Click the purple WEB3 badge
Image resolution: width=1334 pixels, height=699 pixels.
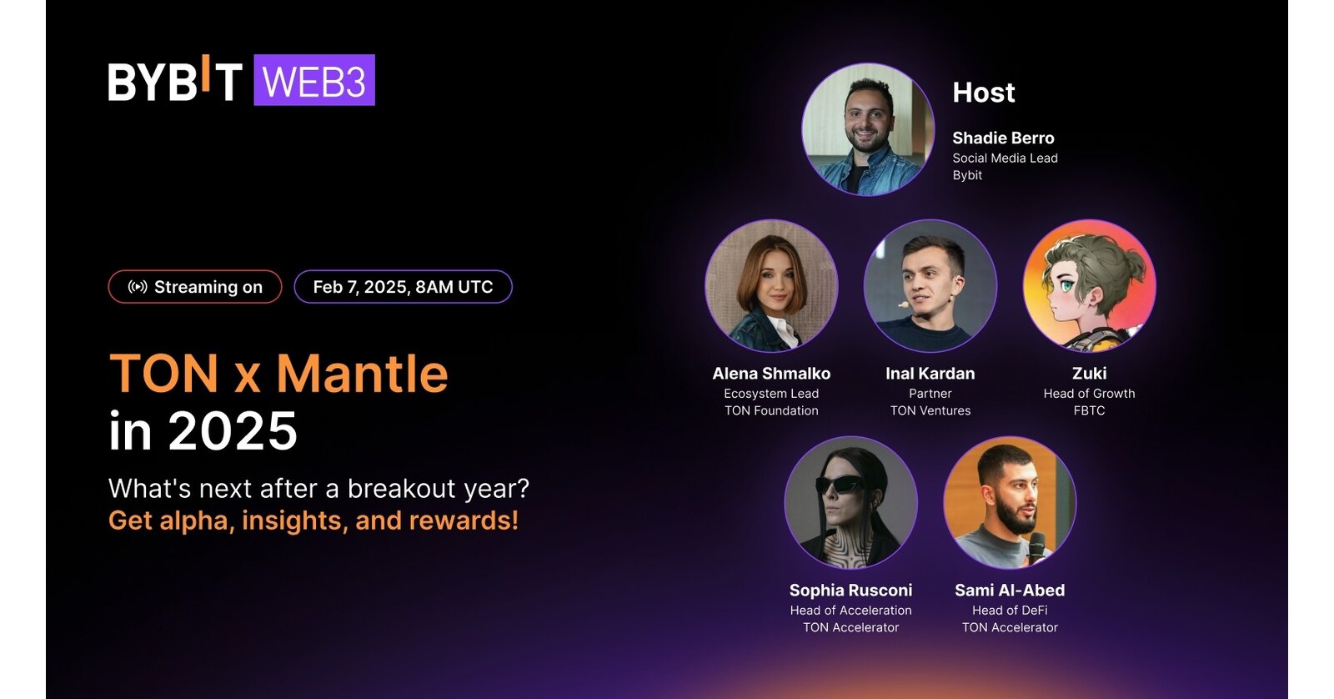click(x=314, y=80)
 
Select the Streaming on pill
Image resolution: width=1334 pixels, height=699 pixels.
click(x=195, y=287)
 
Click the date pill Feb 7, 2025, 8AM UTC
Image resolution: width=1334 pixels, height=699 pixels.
click(x=404, y=287)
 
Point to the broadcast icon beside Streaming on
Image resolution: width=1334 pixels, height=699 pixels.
click(x=138, y=287)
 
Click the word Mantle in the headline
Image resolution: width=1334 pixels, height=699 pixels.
click(x=362, y=374)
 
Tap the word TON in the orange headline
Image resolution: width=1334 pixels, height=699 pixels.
click(x=163, y=374)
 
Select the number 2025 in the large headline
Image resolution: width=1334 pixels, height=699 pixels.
click(x=233, y=430)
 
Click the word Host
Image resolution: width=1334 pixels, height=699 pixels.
click(x=984, y=93)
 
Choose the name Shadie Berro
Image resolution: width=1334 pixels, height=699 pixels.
click(x=1004, y=138)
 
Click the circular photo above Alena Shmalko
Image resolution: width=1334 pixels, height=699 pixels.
click(x=772, y=285)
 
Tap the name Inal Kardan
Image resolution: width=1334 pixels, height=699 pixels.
click(x=930, y=374)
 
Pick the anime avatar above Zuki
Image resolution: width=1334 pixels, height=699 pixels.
click(x=1090, y=285)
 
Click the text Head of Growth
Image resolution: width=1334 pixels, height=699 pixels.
click(x=1089, y=394)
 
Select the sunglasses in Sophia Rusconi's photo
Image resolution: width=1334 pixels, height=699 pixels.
click(x=840, y=484)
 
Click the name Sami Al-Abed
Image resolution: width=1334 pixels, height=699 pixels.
click(x=1010, y=590)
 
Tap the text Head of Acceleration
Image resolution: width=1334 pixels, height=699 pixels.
click(x=851, y=611)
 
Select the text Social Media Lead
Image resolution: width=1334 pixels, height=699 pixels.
click(x=1006, y=158)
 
